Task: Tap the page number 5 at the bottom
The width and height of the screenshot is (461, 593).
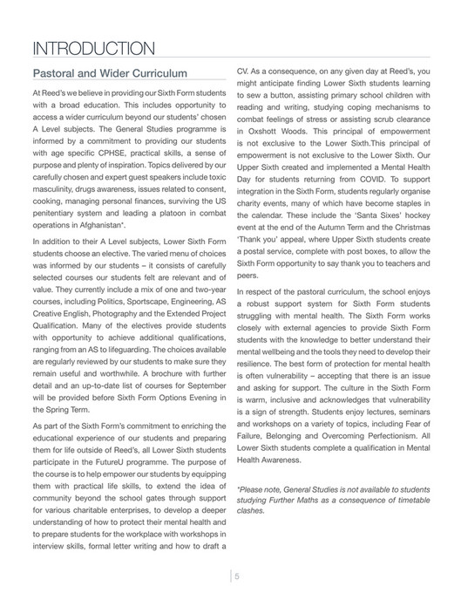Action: click(x=236, y=575)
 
